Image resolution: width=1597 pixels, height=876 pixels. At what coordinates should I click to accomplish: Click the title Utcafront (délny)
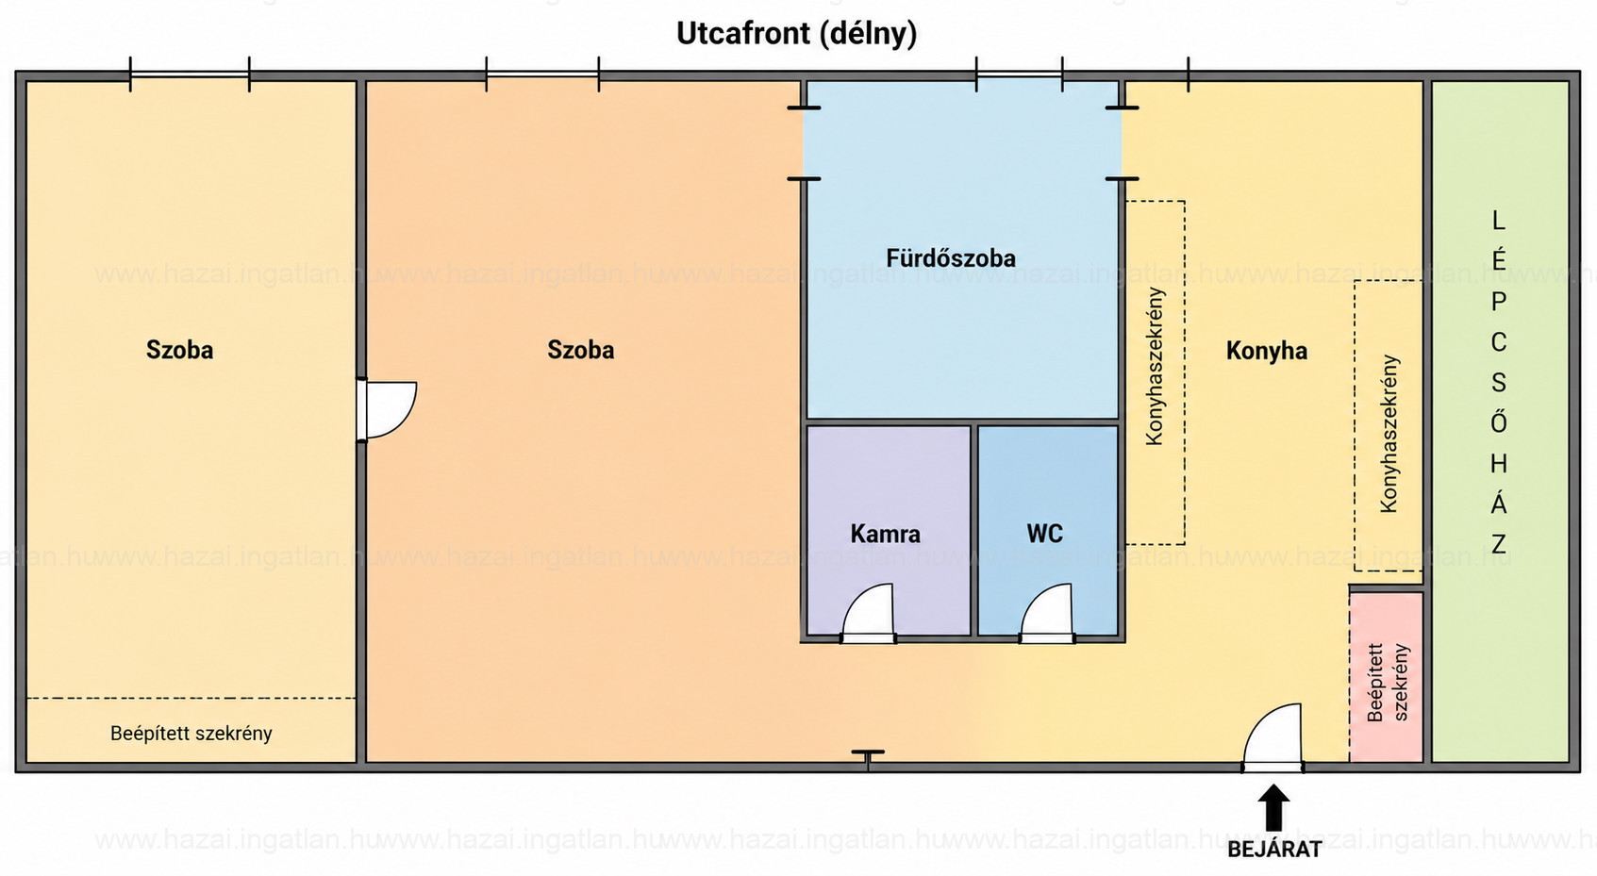coord(796,34)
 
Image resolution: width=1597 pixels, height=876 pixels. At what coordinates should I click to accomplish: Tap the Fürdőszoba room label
coord(950,258)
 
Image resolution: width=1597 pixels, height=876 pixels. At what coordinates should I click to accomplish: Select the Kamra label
coord(885,534)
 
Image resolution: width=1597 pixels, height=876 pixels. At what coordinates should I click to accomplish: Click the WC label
coord(1044,533)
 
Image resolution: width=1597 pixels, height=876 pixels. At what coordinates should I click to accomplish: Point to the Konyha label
coord(1266,351)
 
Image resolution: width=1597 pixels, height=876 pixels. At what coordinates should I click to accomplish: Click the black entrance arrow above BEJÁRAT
coord(1273,808)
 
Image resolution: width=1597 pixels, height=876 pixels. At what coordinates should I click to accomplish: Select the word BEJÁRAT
coord(1274,850)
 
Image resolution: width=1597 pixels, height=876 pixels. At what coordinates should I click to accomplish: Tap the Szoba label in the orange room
coord(580,350)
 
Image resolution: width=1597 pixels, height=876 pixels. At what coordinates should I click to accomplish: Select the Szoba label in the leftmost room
coord(179,350)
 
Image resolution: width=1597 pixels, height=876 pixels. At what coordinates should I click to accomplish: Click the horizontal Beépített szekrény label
coord(191,734)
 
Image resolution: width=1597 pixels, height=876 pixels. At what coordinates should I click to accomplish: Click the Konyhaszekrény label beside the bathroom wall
coord(1155,367)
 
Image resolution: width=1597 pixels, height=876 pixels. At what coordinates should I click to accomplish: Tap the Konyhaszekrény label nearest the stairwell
coord(1389,434)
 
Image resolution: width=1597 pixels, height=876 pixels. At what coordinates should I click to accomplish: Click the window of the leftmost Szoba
coord(190,74)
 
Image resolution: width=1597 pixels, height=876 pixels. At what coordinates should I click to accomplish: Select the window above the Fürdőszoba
coord(1019,74)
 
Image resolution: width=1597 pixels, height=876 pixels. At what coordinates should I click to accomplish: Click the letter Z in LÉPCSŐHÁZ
coord(1499,544)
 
